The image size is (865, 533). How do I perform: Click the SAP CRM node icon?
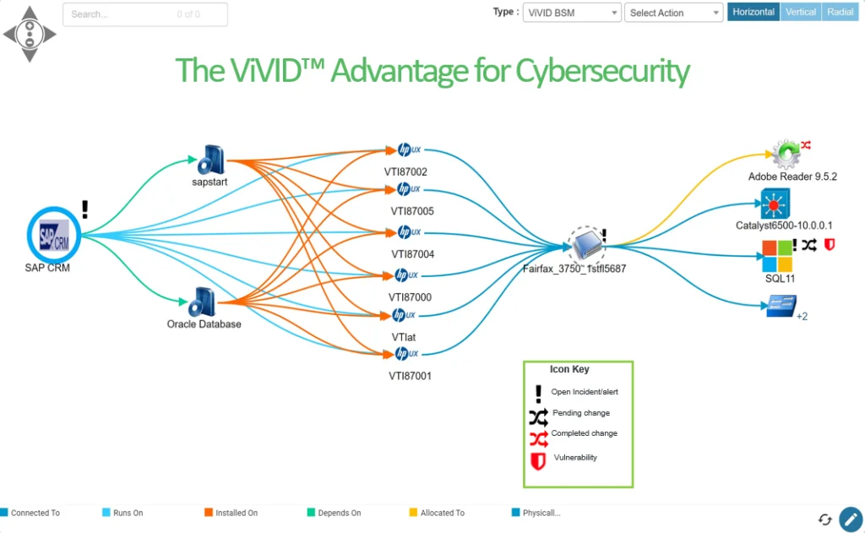tap(54, 233)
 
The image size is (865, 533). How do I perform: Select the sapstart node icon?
tap(209, 159)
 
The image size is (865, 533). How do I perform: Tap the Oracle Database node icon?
tap(204, 302)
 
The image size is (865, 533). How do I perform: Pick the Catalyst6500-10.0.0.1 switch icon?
tap(774, 204)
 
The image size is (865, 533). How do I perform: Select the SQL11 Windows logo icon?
tap(776, 254)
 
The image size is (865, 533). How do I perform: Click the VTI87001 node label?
tap(410, 376)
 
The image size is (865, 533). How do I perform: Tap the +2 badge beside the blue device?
tap(802, 317)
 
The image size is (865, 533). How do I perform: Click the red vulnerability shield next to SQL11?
tap(830, 245)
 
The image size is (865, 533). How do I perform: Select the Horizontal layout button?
tap(753, 13)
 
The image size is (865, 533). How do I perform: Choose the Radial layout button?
tap(841, 13)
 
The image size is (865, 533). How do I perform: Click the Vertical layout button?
tap(800, 13)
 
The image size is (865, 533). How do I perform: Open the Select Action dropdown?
tap(673, 13)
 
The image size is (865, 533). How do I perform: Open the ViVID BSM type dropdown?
tap(572, 13)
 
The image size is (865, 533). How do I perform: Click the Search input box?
tap(144, 14)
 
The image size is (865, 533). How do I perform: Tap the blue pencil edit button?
tap(850, 519)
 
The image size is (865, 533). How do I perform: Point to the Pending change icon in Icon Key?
tap(538, 416)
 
